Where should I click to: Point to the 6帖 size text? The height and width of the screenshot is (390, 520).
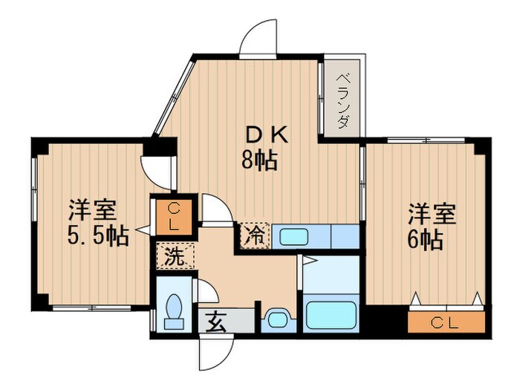425,240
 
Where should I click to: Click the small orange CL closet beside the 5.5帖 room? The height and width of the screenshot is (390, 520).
172,215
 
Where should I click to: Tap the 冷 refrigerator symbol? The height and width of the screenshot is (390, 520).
256,236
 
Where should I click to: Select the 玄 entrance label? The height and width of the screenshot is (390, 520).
217,323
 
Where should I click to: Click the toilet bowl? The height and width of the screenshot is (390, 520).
175,310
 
